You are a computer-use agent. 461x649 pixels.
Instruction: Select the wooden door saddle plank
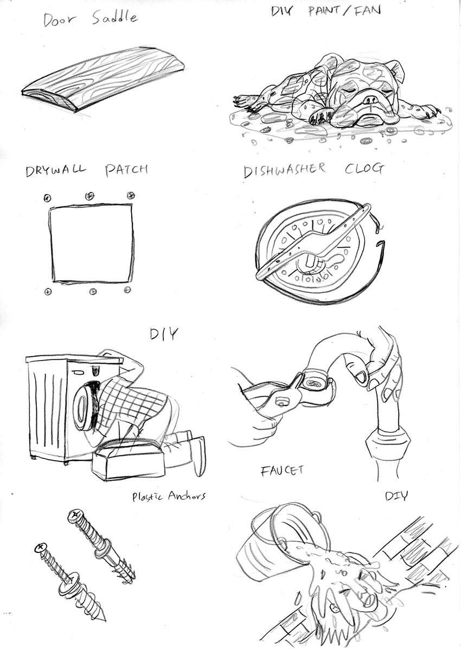103,79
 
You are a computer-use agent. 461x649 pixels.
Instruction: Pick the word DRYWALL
55,170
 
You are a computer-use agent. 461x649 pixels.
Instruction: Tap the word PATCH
125,169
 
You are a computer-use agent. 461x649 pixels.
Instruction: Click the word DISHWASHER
285,170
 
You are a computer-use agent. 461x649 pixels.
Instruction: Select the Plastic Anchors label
169,496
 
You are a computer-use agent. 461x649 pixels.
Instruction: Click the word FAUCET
283,471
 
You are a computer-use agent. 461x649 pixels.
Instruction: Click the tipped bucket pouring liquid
282,537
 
